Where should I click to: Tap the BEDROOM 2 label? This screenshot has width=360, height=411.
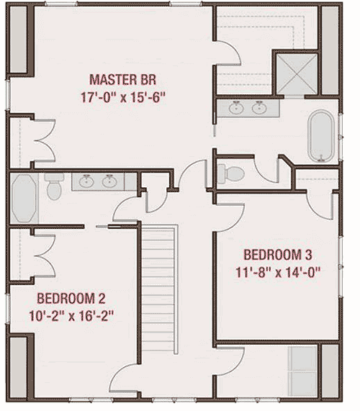[x=72, y=297]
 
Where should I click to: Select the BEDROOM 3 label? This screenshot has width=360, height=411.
[x=278, y=254]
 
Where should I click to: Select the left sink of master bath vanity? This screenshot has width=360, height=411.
[x=237, y=108]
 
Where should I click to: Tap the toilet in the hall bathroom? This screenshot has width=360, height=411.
[x=52, y=188]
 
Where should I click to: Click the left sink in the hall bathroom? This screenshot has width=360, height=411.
[x=88, y=180]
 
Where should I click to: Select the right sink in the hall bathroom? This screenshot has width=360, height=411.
[x=109, y=180]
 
